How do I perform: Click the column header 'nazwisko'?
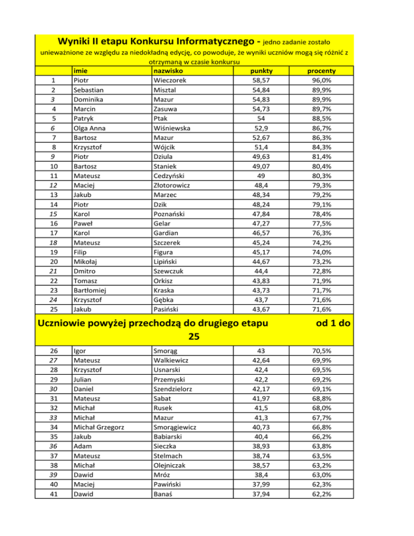(x=168, y=71)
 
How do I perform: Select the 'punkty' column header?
(x=261, y=71)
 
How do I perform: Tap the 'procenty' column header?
(x=321, y=71)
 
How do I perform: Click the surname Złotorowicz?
(x=175, y=185)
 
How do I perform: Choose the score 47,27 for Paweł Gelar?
(x=261, y=223)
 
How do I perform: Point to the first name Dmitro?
(x=85, y=271)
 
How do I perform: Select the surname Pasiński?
(x=168, y=309)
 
